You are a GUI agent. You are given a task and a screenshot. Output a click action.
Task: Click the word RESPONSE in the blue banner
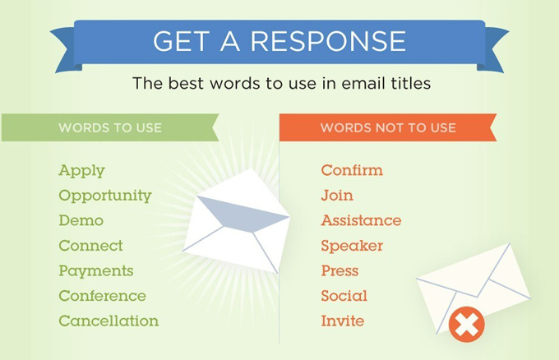(x=328, y=40)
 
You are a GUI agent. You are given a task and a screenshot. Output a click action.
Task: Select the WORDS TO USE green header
(x=110, y=127)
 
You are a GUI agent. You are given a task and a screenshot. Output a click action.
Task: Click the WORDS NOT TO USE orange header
(x=388, y=127)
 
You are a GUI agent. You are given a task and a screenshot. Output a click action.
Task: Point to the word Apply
(x=81, y=171)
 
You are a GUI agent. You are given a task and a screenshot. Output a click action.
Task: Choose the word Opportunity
(x=105, y=196)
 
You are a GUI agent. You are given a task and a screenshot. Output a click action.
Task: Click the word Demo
(x=81, y=220)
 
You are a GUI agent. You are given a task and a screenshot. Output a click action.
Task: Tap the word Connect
(x=91, y=246)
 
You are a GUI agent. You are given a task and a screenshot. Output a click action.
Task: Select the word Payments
(x=96, y=271)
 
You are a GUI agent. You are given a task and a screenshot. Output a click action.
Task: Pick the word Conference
(x=102, y=296)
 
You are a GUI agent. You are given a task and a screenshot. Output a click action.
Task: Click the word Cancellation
(x=109, y=321)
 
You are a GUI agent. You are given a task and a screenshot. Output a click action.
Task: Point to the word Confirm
(x=352, y=170)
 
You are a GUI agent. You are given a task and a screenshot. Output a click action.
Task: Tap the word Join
(x=337, y=196)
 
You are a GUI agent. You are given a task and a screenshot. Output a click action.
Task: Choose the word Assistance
(x=361, y=220)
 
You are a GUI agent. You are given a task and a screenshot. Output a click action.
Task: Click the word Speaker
(x=352, y=246)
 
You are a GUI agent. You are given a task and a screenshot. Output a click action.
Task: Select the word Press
(x=340, y=271)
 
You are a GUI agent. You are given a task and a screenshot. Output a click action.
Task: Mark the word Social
(x=344, y=296)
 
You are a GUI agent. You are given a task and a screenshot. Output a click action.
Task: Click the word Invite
(x=343, y=321)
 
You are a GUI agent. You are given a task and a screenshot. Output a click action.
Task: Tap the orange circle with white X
(x=467, y=325)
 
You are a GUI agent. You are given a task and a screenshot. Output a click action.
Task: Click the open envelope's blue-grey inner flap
(x=243, y=213)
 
